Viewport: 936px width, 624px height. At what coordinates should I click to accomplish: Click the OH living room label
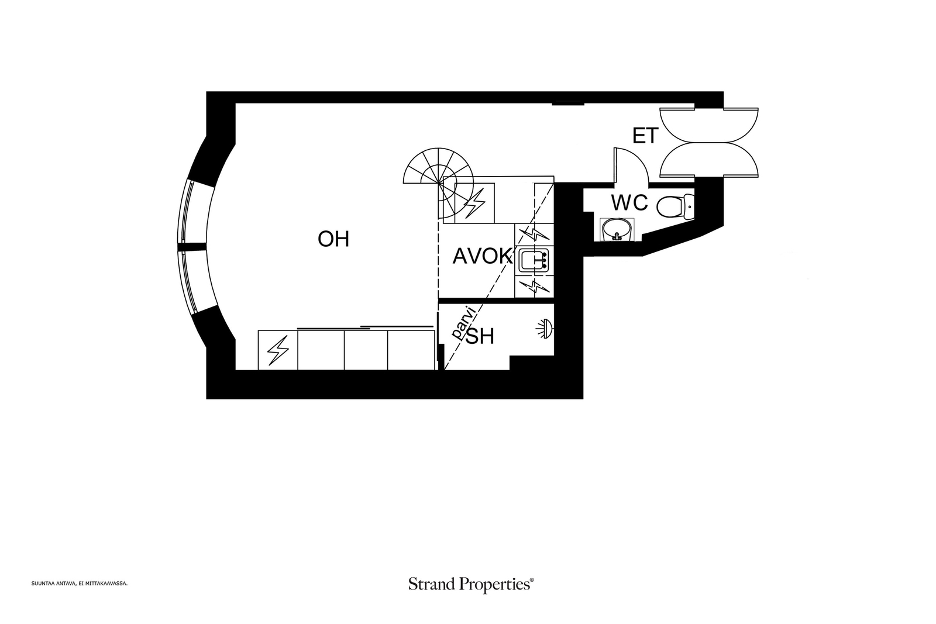333,239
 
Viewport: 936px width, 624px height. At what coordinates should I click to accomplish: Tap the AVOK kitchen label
482,256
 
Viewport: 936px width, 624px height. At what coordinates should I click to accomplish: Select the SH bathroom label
480,336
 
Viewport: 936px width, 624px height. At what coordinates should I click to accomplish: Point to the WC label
629,203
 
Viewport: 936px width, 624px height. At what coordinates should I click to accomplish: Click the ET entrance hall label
645,136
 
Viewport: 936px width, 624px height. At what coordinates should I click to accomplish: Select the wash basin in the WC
617,229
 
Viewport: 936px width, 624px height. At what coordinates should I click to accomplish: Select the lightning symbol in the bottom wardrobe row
278,350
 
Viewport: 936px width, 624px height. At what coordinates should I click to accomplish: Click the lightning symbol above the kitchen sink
533,235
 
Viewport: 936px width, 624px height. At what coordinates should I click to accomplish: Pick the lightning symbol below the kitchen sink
533,286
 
